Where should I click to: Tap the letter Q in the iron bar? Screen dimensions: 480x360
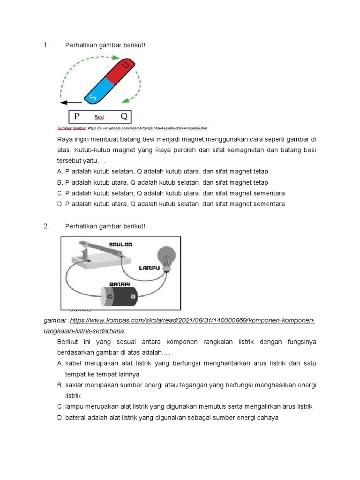124,116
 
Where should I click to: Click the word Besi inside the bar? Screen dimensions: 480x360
99,117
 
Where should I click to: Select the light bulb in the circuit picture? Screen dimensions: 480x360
166,256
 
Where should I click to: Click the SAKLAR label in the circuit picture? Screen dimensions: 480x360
121,245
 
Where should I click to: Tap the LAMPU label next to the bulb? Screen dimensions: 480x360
150,268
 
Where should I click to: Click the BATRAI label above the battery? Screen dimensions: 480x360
120,284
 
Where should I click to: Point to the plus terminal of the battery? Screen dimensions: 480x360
110,297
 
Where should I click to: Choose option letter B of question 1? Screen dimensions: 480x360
60,182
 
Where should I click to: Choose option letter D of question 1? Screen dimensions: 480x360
60,204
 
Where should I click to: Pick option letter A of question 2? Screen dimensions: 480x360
60,363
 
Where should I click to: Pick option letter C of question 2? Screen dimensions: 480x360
60,406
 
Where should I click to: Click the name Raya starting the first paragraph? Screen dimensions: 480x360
64,139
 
